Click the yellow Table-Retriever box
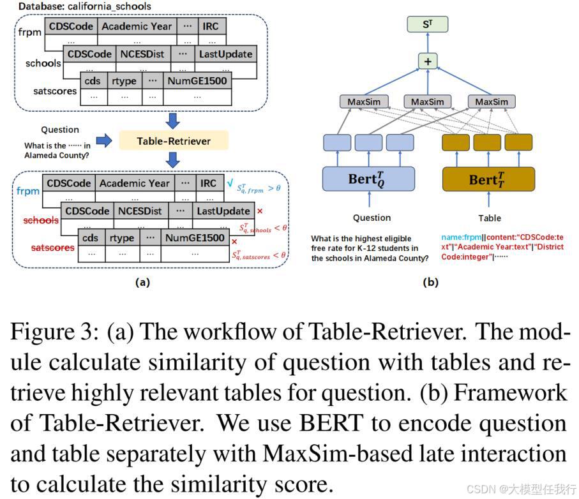pos(174,140)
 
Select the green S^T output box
pos(428,25)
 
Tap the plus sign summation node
pos(428,61)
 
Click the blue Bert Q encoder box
pos(368,179)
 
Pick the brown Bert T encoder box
pos(488,179)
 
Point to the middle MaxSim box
pos(427,102)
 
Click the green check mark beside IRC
pos(230,183)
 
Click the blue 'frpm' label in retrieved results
pos(28,191)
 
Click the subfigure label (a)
pos(142,282)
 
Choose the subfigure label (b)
pos(430,282)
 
